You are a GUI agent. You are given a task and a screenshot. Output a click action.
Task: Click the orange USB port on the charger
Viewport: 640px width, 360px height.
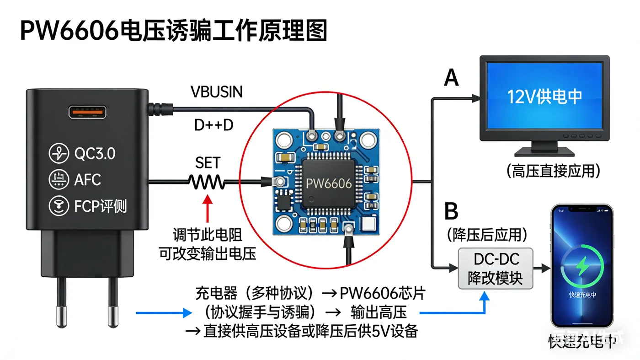point(87,112)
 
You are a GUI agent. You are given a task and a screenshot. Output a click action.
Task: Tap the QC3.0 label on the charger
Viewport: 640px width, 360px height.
point(95,154)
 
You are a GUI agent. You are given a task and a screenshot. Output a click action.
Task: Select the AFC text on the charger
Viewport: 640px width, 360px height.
point(87,180)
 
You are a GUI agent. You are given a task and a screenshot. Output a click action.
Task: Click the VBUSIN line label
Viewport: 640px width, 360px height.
point(216,92)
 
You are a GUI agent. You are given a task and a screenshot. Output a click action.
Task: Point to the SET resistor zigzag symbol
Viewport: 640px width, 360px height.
point(207,182)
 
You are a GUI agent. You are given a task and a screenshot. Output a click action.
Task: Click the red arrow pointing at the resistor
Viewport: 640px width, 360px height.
point(208,209)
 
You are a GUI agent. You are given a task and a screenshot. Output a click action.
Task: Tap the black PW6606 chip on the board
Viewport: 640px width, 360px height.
point(328,184)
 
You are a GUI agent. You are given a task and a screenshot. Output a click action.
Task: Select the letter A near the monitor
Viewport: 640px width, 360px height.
point(451,78)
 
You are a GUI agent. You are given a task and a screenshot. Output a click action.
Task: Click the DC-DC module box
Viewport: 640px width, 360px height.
point(496,269)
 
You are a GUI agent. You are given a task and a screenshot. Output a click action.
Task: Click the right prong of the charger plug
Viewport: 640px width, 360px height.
point(112,302)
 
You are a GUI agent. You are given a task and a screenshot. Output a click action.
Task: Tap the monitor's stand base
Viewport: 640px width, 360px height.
point(544,151)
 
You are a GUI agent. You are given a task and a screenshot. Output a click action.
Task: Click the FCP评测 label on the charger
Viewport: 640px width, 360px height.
point(100,206)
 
